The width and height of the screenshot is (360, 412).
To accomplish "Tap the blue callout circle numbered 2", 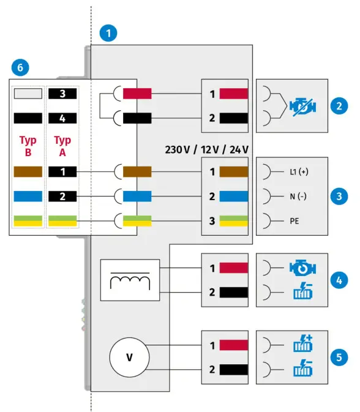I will coord(339,105).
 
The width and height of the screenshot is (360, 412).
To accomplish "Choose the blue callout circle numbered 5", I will coord(339,357).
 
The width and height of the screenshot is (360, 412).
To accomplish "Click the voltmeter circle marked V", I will coord(129,358).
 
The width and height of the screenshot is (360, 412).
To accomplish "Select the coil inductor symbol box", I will coord(129,280).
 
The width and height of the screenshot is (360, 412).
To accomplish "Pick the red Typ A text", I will coord(62,146).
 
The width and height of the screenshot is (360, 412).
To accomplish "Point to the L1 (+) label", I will coord(299,172).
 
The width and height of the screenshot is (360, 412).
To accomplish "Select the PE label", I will coord(294,220).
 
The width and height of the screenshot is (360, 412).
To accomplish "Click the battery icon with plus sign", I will coord(303,345).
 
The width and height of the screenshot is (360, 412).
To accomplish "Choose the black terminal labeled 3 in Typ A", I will coord(62,94).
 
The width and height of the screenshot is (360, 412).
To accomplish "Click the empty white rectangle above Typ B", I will coord(28,94).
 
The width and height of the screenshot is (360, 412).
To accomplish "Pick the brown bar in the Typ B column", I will coord(28,172).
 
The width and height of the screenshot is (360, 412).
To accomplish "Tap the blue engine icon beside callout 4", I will coord(303,268).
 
